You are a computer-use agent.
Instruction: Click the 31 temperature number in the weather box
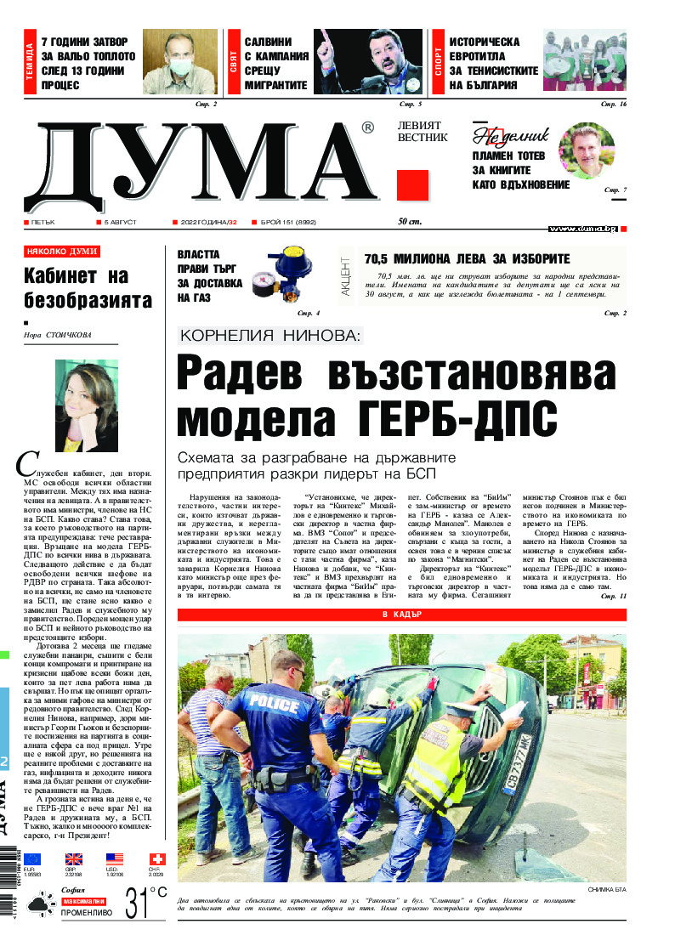pyautogui.click(x=139, y=903)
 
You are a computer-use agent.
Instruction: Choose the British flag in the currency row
pyautogui.click(x=74, y=859)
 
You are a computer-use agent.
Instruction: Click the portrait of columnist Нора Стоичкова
pyautogui.click(x=86, y=405)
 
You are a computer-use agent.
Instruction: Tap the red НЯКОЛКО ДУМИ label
pyautogui.click(x=62, y=252)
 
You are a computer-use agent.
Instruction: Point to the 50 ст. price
pyautogui.click(x=410, y=223)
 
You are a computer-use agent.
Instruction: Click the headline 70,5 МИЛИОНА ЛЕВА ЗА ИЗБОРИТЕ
pyautogui.click(x=467, y=259)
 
